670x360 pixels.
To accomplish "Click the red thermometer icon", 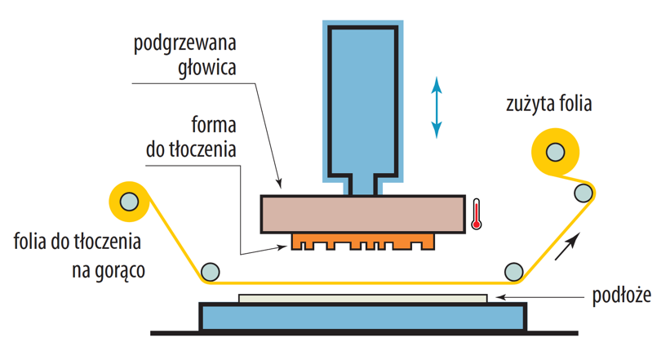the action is (477, 214).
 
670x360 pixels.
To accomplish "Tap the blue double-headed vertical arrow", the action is (437, 107).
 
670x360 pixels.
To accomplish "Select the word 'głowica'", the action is (207, 69).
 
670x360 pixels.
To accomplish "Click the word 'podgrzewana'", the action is (185, 44).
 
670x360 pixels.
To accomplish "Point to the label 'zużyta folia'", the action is (549, 104).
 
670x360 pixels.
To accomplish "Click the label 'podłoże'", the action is (622, 296).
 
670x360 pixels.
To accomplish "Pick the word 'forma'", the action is (214, 125).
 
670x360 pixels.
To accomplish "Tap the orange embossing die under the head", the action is (363, 242).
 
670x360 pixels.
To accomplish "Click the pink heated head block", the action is (363, 214).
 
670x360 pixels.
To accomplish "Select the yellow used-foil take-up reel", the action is (555, 152).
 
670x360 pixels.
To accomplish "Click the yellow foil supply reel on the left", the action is (129, 202).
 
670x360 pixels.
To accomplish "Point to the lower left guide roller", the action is (211, 272).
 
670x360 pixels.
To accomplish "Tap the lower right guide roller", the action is (513, 272).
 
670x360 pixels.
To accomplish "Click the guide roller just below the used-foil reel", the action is (583, 193).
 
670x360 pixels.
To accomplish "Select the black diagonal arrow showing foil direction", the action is (567, 247).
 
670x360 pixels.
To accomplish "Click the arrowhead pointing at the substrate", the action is (499, 297).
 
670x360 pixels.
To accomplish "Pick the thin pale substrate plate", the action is (363, 299).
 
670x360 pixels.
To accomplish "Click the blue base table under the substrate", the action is (363, 318).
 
